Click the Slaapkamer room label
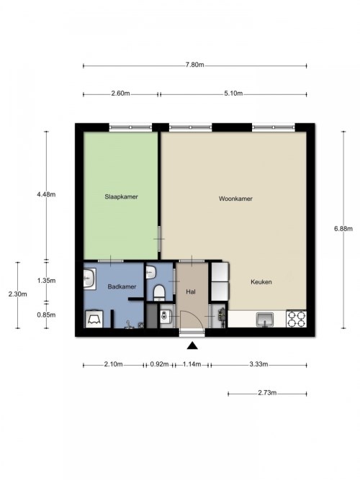(122, 197)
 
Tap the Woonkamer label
(235, 199)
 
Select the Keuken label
(261, 282)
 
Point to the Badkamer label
(122, 287)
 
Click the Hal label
(191, 291)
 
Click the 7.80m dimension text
(194, 65)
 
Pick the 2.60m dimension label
(120, 94)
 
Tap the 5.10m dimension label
(233, 94)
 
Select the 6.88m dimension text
(343, 228)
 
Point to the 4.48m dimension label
(46, 194)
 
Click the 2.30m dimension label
(17, 294)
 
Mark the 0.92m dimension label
(159, 364)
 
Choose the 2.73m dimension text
(267, 393)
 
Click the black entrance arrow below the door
(192, 345)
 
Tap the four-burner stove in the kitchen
(296, 319)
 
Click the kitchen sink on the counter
(265, 320)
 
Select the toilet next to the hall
(159, 291)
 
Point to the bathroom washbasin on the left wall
(89, 279)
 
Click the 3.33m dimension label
(258, 364)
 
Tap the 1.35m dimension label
(46, 281)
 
